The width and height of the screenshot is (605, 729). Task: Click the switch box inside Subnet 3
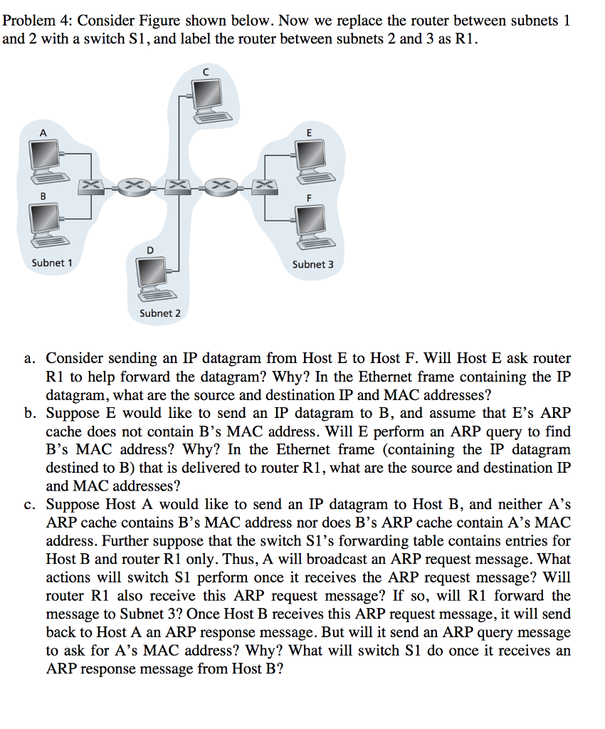pos(264,186)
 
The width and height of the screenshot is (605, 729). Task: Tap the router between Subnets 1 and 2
pos(133,186)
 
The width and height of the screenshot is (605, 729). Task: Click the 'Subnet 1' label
pos(52,263)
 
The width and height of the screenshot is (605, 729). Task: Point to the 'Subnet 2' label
pos(160,313)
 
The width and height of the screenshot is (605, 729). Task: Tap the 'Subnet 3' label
pos(312,264)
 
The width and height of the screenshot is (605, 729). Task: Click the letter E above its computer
pos(309,132)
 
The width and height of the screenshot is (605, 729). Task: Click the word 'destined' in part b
pos(73,468)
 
